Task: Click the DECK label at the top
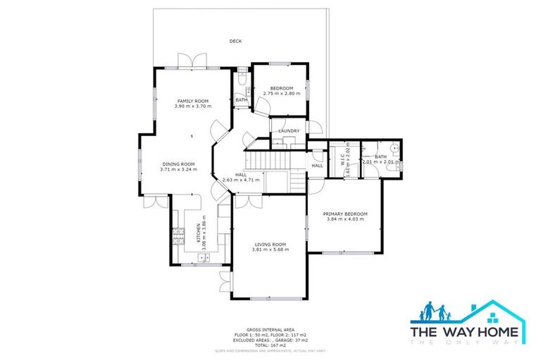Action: [236, 42]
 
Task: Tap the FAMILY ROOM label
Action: [188, 102]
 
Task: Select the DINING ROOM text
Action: [178, 164]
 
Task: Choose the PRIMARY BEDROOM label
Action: [345, 214]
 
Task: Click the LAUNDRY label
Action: [289, 131]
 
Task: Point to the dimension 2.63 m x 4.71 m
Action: [241, 180]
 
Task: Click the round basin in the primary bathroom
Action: [397, 149]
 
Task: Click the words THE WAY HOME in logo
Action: [465, 332]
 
